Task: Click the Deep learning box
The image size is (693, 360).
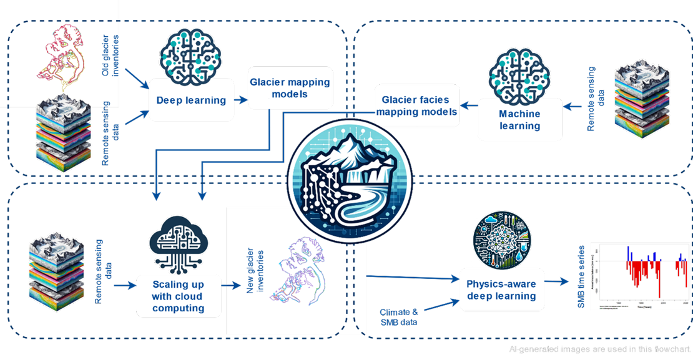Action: click(191, 100)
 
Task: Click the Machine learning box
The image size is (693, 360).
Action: click(519, 120)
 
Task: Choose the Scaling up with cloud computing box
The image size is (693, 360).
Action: click(178, 296)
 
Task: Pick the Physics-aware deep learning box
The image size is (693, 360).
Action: click(501, 289)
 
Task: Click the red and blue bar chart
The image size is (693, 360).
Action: click(641, 275)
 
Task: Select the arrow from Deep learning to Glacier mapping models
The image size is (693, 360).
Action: click(240, 99)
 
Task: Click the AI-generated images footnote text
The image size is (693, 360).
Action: click(599, 349)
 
